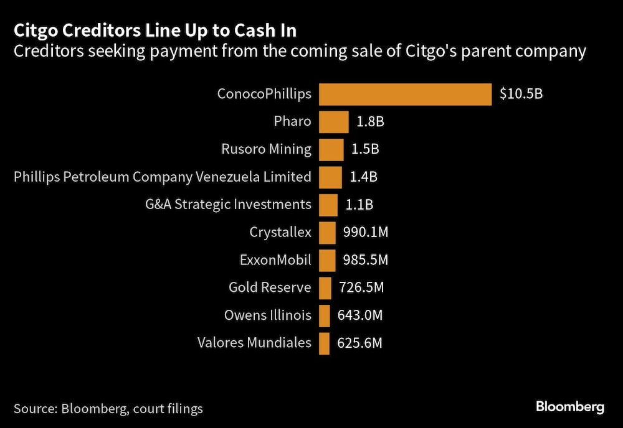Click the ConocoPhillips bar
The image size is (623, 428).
(x=405, y=95)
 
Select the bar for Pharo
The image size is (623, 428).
(x=333, y=122)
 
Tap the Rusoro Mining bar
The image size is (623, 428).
(x=331, y=149)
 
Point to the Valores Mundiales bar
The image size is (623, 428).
(x=323, y=343)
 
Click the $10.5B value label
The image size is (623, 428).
(x=521, y=95)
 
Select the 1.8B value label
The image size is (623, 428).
(x=369, y=122)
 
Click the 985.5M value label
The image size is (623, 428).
(x=365, y=260)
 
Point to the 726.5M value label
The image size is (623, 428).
(x=361, y=288)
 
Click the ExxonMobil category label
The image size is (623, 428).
(x=275, y=260)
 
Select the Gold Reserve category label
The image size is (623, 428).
(x=269, y=288)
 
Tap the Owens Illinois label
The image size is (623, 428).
(x=267, y=315)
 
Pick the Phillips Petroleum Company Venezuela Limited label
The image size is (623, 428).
(x=162, y=177)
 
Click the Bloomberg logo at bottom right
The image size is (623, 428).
(x=570, y=407)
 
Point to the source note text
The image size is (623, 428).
(x=108, y=409)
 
